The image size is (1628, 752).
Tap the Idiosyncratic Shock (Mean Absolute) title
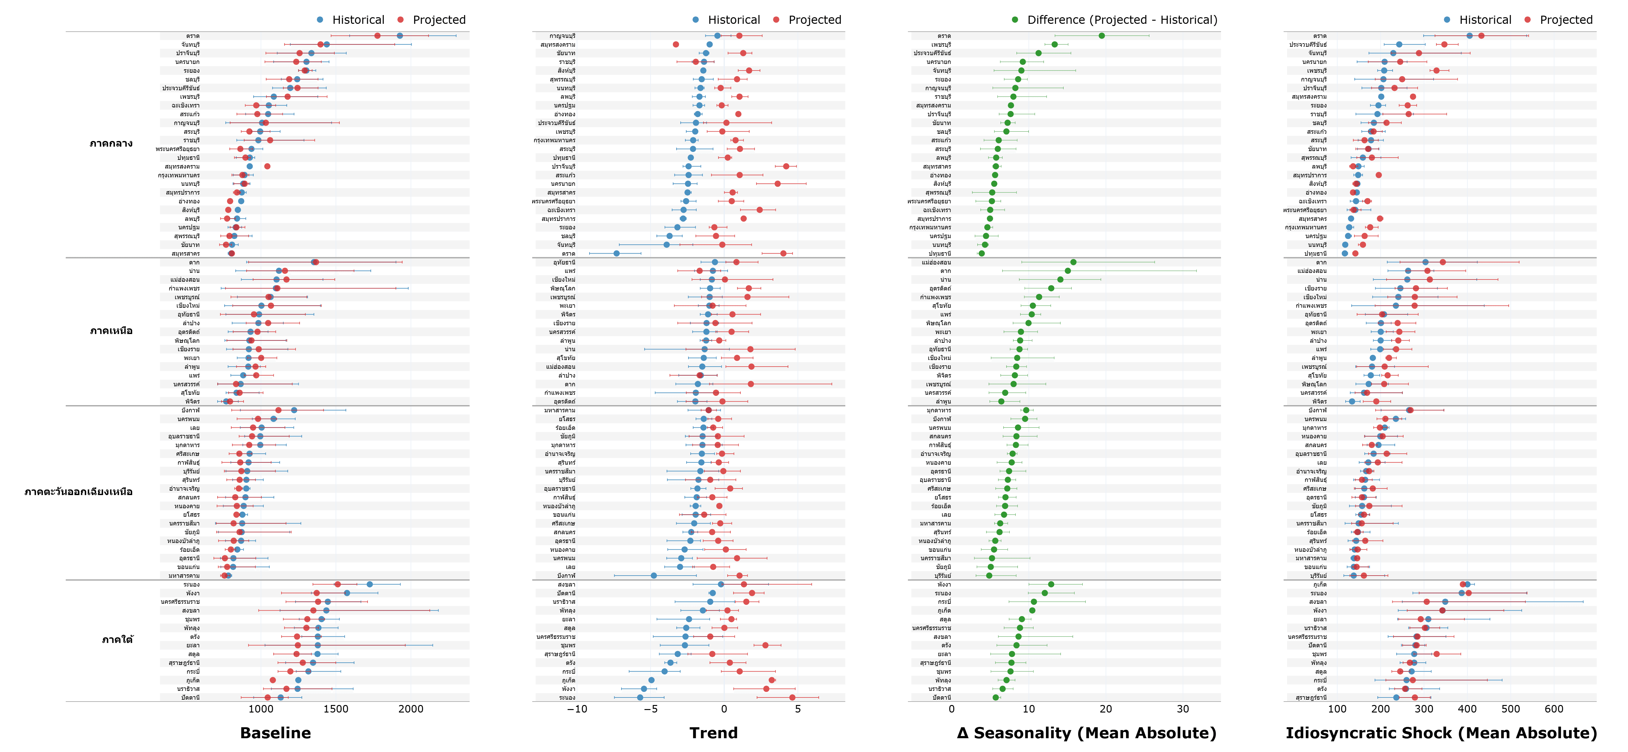coord(1441,733)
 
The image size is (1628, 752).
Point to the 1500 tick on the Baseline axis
coord(336,709)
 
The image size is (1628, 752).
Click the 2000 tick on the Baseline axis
coord(411,709)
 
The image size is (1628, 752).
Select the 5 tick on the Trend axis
coord(798,709)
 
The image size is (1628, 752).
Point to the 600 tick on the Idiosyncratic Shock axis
coord(1554,709)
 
